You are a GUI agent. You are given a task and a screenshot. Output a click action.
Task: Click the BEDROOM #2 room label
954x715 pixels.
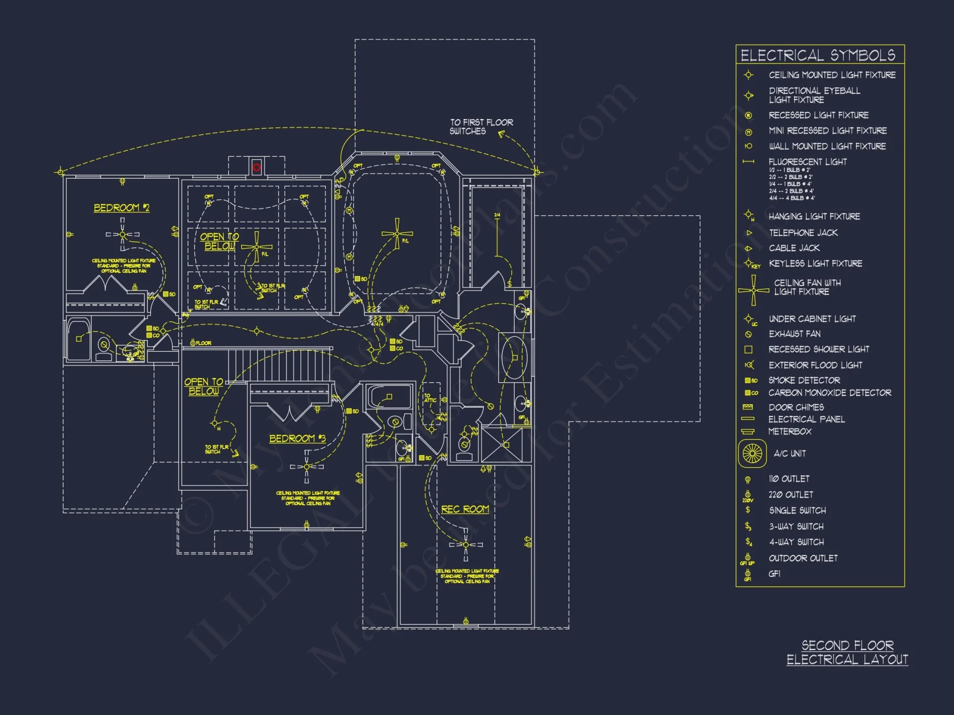122,208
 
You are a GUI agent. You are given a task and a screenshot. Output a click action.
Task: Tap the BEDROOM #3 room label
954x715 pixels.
297,439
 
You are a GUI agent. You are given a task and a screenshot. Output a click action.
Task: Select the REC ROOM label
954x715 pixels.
465,509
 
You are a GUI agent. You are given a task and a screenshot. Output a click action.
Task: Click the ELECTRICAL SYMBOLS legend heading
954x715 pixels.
818,55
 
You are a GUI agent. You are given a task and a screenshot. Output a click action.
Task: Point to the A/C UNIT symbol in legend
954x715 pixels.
752,453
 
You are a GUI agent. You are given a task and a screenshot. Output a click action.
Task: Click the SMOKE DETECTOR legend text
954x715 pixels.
804,380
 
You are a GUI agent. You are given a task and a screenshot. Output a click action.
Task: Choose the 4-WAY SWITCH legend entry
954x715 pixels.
796,542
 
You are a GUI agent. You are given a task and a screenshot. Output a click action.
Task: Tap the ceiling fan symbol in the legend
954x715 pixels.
753,290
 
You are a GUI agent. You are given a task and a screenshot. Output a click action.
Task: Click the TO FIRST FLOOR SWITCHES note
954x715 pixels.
481,127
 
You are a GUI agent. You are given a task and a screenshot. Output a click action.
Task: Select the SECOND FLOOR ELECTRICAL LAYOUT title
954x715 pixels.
847,653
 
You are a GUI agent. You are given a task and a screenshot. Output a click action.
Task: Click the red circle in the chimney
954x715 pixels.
257,167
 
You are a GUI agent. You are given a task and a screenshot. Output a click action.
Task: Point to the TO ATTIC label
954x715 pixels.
430,398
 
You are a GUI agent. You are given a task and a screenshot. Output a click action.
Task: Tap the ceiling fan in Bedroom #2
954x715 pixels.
123,235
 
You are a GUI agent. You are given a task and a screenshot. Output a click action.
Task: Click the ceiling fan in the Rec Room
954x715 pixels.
466,544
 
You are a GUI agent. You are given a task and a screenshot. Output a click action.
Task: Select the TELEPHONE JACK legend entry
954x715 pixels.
803,233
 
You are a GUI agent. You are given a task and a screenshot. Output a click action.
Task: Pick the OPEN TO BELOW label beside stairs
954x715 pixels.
204,387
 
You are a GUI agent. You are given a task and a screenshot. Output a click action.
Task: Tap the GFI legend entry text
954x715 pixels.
774,574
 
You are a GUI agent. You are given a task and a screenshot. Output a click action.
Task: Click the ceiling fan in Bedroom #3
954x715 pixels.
307,467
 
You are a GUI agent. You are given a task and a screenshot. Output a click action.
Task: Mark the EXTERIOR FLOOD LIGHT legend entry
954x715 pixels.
815,365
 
